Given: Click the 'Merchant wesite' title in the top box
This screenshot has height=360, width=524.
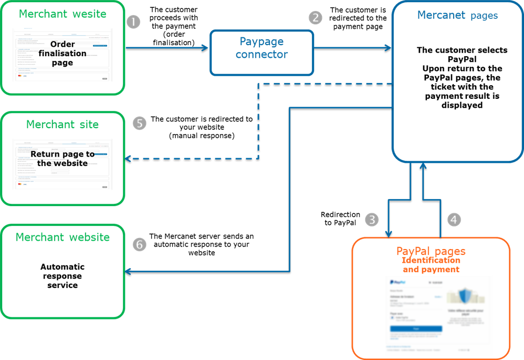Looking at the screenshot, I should pos(62,14).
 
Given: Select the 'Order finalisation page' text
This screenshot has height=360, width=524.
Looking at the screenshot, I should pos(62,53).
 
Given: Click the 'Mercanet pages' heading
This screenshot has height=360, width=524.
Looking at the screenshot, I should pos(457,15).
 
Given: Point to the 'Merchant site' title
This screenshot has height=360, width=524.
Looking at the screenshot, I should pos(62,125).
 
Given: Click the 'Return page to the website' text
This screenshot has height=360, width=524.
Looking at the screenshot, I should pos(62,159).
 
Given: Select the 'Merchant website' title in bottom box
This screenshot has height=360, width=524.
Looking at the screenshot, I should pos(62,237).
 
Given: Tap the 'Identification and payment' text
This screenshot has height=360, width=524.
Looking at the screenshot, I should pos(431,265).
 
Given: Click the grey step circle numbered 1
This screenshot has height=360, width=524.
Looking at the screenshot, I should pos(134,22).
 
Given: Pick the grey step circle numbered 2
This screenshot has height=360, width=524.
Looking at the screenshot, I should pos(315,17).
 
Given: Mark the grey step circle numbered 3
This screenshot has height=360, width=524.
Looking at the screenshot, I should pos(372,219).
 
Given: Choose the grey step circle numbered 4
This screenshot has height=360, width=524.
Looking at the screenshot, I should pos(454,219).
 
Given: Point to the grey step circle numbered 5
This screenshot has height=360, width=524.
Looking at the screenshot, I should pos(139,124).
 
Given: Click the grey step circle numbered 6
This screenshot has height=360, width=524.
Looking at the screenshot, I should pos(139,244).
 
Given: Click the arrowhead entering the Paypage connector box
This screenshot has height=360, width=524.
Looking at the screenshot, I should pos(205,48).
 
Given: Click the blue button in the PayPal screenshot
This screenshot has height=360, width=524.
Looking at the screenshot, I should pos(416,329).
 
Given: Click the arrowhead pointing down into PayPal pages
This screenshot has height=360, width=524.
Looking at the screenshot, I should pos(389,234).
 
